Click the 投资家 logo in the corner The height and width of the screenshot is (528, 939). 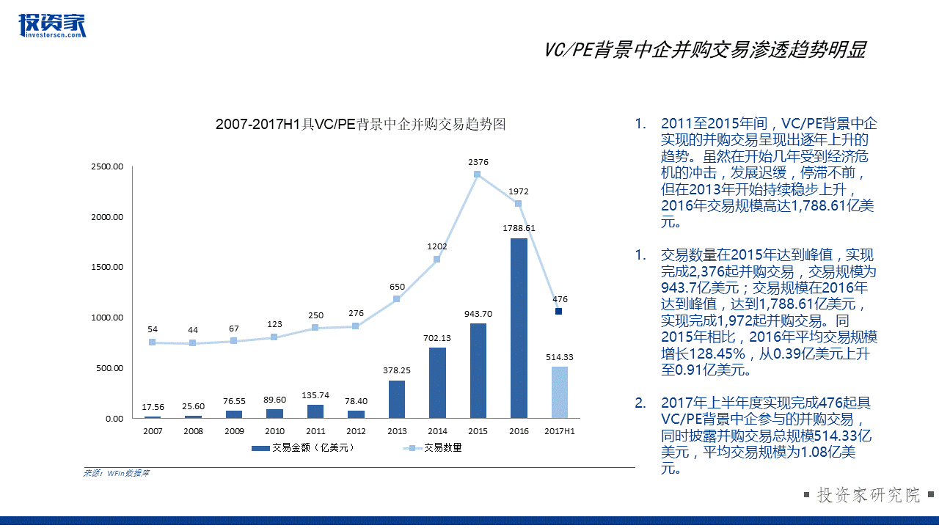pyautogui.click(x=52, y=26)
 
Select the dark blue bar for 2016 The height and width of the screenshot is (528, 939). pyautogui.click(x=519, y=328)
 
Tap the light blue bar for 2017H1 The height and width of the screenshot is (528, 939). pyautogui.click(x=559, y=392)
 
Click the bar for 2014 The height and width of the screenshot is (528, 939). pyautogui.click(x=437, y=383)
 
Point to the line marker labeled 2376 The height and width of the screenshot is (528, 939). pyautogui.click(x=478, y=175)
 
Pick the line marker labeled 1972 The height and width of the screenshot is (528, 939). pyautogui.click(x=518, y=203)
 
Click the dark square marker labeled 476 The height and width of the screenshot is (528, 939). pyautogui.click(x=559, y=311)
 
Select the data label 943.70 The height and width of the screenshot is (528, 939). pyautogui.click(x=478, y=313)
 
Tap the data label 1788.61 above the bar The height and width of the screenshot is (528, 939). pyautogui.click(x=519, y=228)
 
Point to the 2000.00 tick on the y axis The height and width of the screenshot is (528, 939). pyautogui.click(x=108, y=217)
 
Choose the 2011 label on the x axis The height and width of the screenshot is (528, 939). pyautogui.click(x=315, y=431)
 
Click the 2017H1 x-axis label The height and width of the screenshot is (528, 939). pyautogui.click(x=559, y=431)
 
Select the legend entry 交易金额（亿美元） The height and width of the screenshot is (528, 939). pyautogui.click(x=303, y=447)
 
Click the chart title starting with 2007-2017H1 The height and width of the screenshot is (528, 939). pyautogui.click(x=361, y=125)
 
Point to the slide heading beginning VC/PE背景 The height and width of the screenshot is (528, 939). pyautogui.click(x=705, y=50)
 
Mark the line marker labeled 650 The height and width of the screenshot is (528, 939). pyautogui.click(x=397, y=298)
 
